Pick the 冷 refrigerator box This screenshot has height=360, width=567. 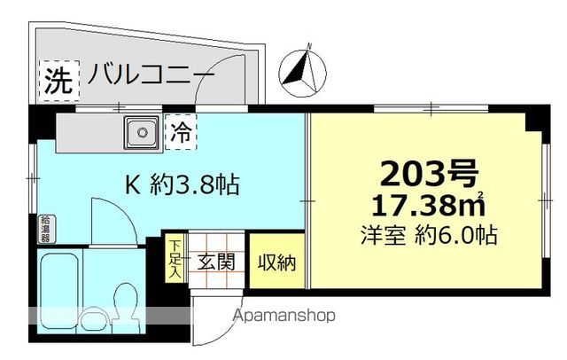click(181, 135)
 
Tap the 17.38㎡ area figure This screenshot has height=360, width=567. click(431, 206)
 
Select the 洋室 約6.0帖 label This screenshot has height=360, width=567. click(429, 236)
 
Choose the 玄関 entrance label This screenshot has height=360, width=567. click(215, 262)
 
